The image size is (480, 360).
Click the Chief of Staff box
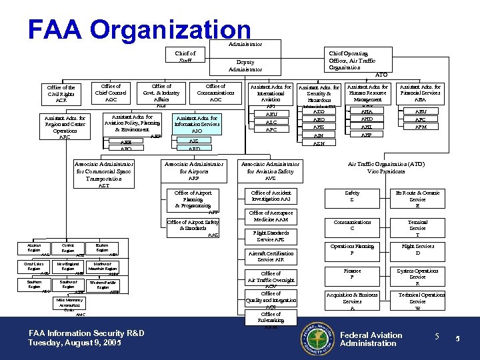pos(185,57)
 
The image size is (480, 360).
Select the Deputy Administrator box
pos(245,65)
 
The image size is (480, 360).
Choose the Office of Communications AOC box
pos(215,93)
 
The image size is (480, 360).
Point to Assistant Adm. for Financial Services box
pos(420,93)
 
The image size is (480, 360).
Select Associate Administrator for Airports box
pos(194,171)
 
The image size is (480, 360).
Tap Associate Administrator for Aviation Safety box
pos(270,171)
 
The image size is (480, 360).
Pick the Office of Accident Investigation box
pos(270,196)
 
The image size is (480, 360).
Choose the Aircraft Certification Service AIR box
pos(270,257)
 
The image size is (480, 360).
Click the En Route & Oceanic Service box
pos(417,199)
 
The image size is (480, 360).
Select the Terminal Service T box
pos(417,228)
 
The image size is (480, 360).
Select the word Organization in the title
pos(169,29)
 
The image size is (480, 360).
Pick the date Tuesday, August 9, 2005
pos(74,343)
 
